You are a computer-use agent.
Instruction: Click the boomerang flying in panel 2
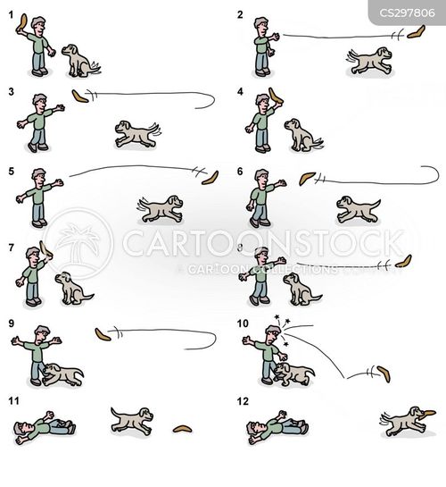pos(412,35)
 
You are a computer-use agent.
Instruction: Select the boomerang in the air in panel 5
pos(210,174)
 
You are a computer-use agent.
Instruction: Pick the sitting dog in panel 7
pos(71,288)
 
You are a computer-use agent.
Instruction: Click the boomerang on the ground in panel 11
pos(183,430)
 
